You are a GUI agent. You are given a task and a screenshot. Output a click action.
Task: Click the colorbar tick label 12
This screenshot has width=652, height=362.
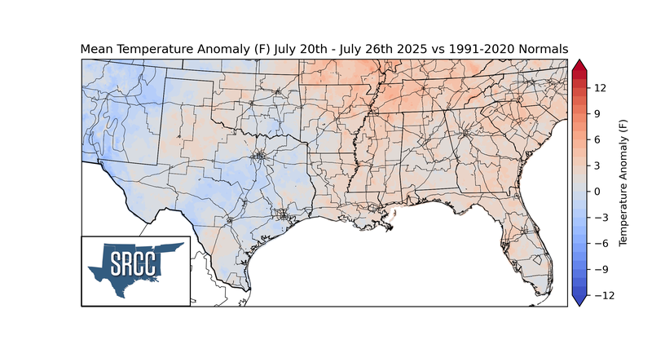point(598,87)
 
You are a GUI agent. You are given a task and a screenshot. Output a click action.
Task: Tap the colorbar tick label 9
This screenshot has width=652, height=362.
point(597,113)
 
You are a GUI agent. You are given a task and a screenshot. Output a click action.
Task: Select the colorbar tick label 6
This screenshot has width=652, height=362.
point(597,139)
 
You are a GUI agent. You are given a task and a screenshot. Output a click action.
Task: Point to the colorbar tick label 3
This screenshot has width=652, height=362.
point(597,166)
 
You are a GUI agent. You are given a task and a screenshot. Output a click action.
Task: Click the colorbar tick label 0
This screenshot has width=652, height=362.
point(597,192)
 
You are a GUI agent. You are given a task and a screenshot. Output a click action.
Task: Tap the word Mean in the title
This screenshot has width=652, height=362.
point(95,50)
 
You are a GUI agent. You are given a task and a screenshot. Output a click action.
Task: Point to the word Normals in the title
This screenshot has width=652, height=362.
point(542,50)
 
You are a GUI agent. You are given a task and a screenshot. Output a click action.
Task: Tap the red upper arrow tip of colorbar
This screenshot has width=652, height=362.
point(579,64)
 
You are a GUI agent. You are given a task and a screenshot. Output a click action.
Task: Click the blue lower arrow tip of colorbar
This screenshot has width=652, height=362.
point(579,302)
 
